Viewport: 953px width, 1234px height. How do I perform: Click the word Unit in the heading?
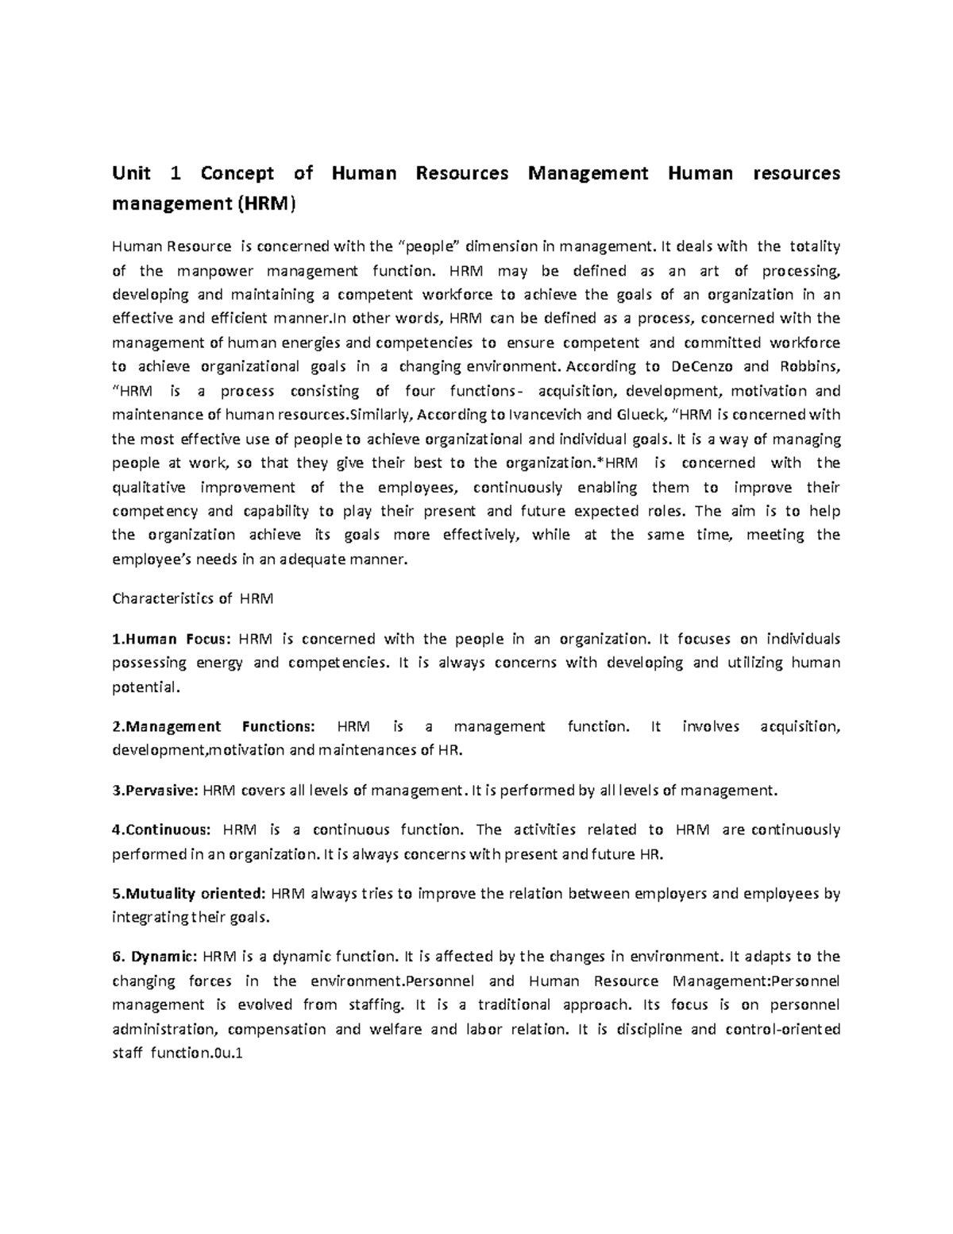(x=132, y=173)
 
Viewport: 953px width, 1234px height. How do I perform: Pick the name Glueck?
(x=639, y=415)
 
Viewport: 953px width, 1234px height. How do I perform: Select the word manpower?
(x=209, y=270)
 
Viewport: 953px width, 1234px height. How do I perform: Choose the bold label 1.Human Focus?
(x=171, y=638)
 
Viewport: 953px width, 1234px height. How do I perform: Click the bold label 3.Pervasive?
(x=156, y=790)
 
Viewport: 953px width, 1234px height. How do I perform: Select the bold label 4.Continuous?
(x=162, y=830)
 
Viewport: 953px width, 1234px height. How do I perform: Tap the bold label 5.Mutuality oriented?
(x=189, y=893)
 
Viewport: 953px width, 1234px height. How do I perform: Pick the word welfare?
(x=395, y=1029)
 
